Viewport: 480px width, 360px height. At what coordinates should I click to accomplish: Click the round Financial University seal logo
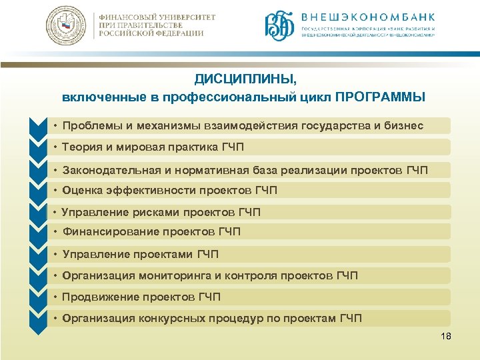66,26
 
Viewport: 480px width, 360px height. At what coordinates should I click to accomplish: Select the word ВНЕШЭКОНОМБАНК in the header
369,16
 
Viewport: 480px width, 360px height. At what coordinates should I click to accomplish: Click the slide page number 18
446,336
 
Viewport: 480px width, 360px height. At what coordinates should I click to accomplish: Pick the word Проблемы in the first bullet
89,126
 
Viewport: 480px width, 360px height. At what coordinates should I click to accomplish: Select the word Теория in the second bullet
81,147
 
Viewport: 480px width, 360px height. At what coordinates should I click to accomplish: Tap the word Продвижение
97,297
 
